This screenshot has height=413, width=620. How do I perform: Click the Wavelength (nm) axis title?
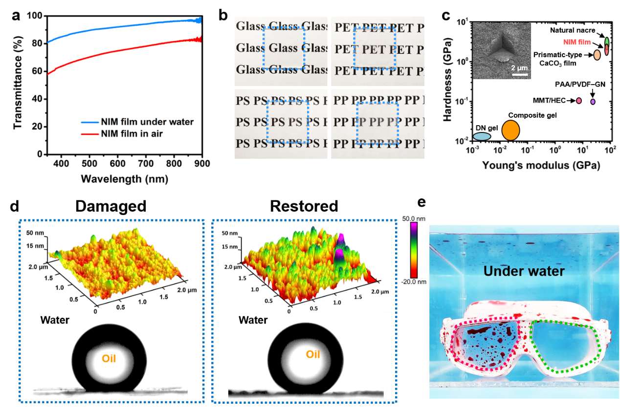124,178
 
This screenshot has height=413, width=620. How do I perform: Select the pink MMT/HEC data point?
578,101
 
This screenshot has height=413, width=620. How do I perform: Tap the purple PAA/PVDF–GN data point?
593,101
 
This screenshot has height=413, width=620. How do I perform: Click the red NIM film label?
577,43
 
